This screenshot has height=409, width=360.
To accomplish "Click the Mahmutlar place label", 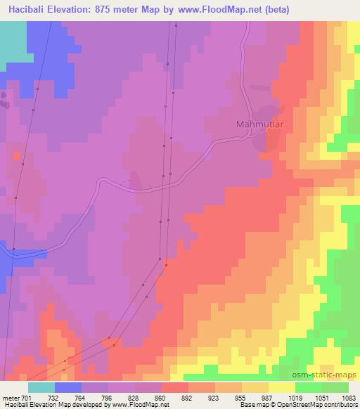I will click(258, 124).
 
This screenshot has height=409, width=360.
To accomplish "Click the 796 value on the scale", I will click(108, 397).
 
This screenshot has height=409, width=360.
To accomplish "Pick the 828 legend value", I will click(134, 397).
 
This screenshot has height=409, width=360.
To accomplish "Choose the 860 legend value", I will click(161, 397).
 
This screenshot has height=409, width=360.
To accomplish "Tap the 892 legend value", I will click(188, 397).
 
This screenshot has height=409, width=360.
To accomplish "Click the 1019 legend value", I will click(295, 397).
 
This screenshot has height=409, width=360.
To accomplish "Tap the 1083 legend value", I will click(347, 397).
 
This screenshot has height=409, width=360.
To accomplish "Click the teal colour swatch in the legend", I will click(41, 387).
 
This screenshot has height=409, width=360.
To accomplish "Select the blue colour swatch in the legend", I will click(68, 387).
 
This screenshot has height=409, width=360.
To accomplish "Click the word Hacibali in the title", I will click(24, 10).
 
